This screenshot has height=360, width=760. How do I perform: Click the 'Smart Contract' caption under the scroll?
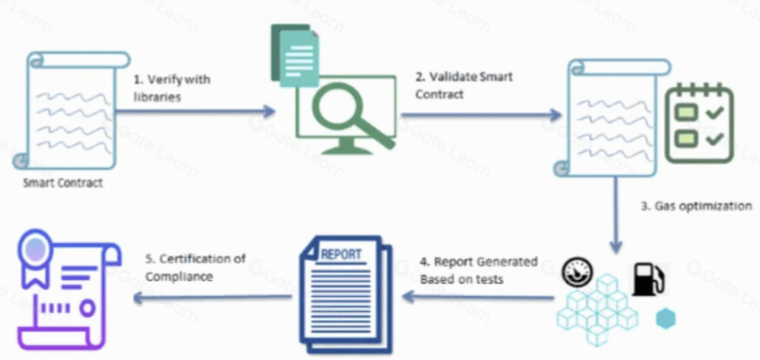point(62,183)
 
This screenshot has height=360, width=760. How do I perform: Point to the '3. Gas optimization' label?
point(695,206)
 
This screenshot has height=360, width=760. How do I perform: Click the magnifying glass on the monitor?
point(345,113)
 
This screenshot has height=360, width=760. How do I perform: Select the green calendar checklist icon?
point(698,123)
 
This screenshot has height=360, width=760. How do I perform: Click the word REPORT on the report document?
point(341,254)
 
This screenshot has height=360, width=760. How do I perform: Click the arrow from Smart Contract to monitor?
point(194,111)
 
